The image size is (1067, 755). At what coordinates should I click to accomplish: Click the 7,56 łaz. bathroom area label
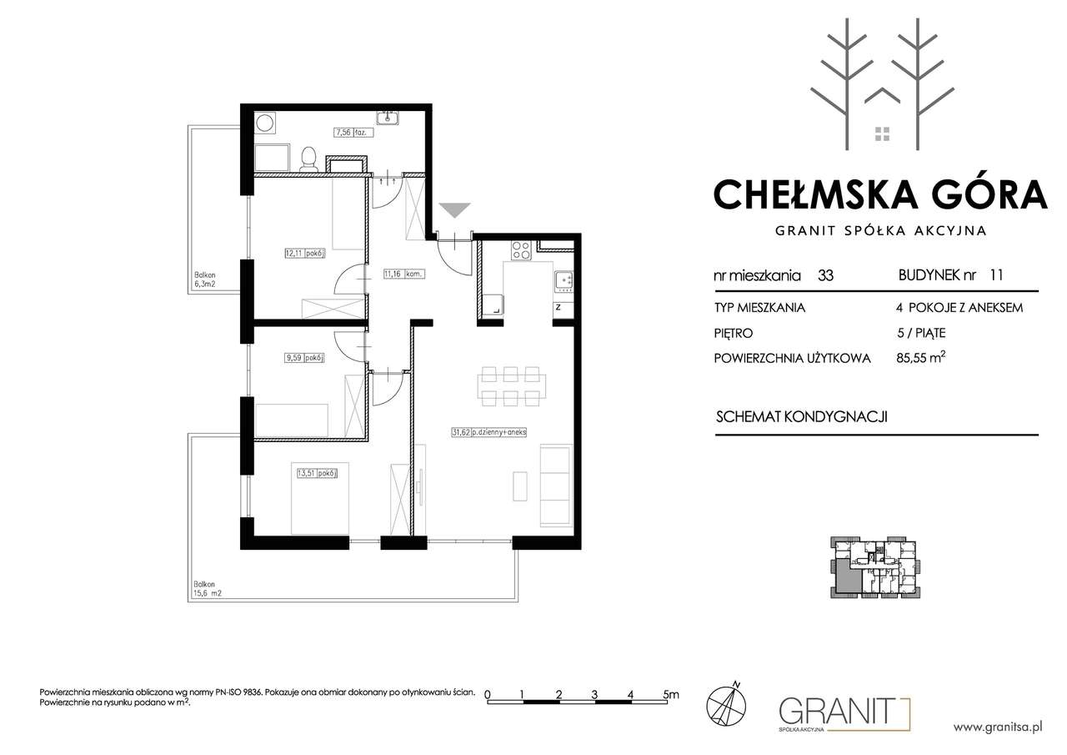coord(353,133)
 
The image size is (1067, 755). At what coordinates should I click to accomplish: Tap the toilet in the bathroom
coord(309,159)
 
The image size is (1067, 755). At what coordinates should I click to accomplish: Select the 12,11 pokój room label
coord(305,254)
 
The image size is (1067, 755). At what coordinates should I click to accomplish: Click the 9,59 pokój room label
coord(305,358)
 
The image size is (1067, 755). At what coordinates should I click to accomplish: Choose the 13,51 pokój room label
coord(318,473)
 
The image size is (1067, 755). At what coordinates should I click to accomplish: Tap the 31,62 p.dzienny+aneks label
coord(489,432)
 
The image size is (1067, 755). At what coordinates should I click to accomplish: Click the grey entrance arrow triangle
coord(454,210)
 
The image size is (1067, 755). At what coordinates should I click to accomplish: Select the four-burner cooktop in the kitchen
coord(521,250)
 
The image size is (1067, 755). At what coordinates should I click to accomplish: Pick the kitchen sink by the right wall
coord(564,282)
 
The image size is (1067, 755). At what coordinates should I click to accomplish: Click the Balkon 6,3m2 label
coord(205,279)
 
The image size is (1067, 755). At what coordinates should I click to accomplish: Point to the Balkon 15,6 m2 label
coord(208,589)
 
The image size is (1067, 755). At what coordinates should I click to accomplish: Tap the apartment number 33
coord(825,275)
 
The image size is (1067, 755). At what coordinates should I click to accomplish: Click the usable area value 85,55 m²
coord(921,358)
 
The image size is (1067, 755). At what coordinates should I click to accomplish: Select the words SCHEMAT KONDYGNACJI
coord(802,417)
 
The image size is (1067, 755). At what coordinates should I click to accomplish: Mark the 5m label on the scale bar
coord(671,694)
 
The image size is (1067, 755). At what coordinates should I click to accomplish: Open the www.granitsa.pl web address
coord(998,727)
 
